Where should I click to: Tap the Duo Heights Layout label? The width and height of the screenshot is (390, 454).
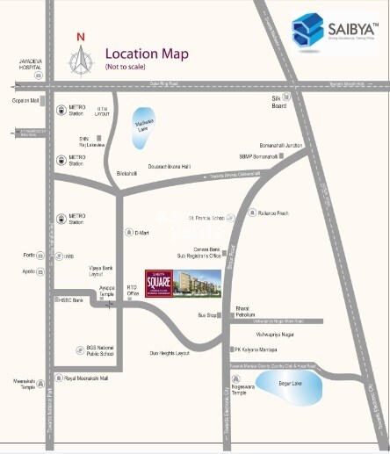(x=170, y=352)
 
